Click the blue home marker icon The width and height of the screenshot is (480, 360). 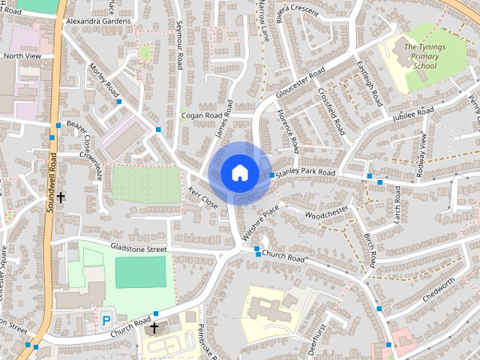[238, 172]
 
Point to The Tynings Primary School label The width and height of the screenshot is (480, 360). [426, 56]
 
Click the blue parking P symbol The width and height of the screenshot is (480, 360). [106, 319]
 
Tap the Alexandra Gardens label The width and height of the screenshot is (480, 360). [97, 22]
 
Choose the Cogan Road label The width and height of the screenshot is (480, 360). [202, 116]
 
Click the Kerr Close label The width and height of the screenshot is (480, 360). [203, 197]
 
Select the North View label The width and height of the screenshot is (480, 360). [22, 55]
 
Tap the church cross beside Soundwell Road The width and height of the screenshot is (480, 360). [61, 197]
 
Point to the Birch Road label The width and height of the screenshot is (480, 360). [370, 250]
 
